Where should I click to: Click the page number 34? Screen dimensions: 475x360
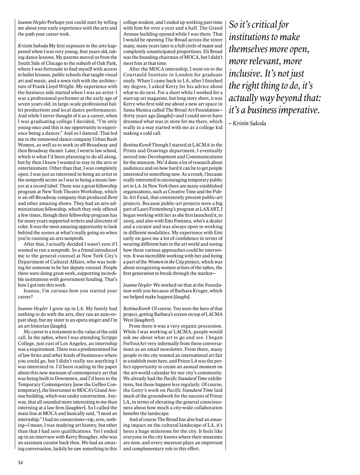[x=20, y=463]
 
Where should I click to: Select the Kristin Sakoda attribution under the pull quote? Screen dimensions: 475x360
[x=249, y=123]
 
